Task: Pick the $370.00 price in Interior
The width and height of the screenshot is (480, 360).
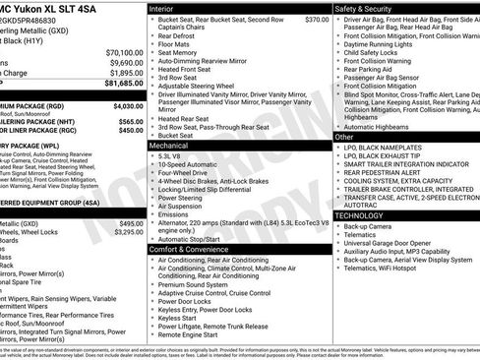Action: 317,20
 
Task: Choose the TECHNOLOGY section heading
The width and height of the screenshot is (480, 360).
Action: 359,214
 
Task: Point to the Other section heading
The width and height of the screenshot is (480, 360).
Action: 344,138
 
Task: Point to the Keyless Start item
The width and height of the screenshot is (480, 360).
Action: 177,318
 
